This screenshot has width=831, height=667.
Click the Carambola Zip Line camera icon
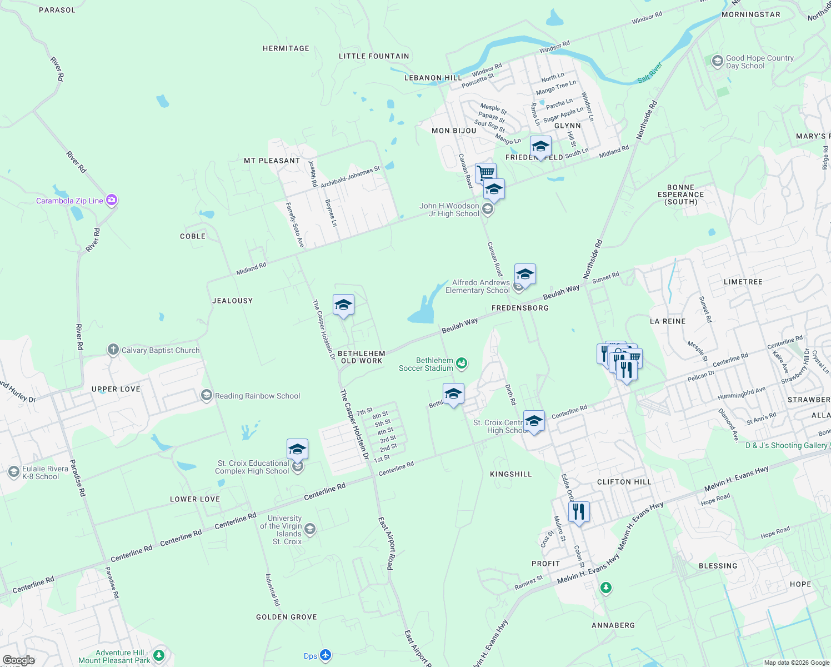pos(112,200)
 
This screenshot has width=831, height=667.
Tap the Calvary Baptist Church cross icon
pos(113,350)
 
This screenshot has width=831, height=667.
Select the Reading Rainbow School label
pos(257,396)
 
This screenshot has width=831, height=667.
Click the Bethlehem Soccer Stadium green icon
pos(461,364)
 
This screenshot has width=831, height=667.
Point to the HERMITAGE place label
pos(286,48)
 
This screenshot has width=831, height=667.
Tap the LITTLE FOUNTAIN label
pos(374,56)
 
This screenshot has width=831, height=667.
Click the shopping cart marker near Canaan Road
pos(485,172)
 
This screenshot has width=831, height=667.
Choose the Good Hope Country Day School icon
pos(717,61)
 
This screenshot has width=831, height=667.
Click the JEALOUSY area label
pos(232,301)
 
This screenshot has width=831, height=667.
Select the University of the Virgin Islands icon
pos(310,529)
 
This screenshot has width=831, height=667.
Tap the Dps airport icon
pos(326,656)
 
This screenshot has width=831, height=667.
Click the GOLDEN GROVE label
pos(286,617)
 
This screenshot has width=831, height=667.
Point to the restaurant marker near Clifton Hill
pos(579,511)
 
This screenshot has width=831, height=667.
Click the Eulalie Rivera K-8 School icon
pos(14,472)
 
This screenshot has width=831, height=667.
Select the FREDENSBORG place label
pos(520,307)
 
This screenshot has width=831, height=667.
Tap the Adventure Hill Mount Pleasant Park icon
pos(159,656)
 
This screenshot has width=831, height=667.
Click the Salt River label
pos(649,73)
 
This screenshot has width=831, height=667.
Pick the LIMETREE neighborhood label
pos(743,282)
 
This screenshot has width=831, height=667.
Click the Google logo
pos(18,660)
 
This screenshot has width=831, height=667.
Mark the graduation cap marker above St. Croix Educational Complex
pos(297,449)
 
